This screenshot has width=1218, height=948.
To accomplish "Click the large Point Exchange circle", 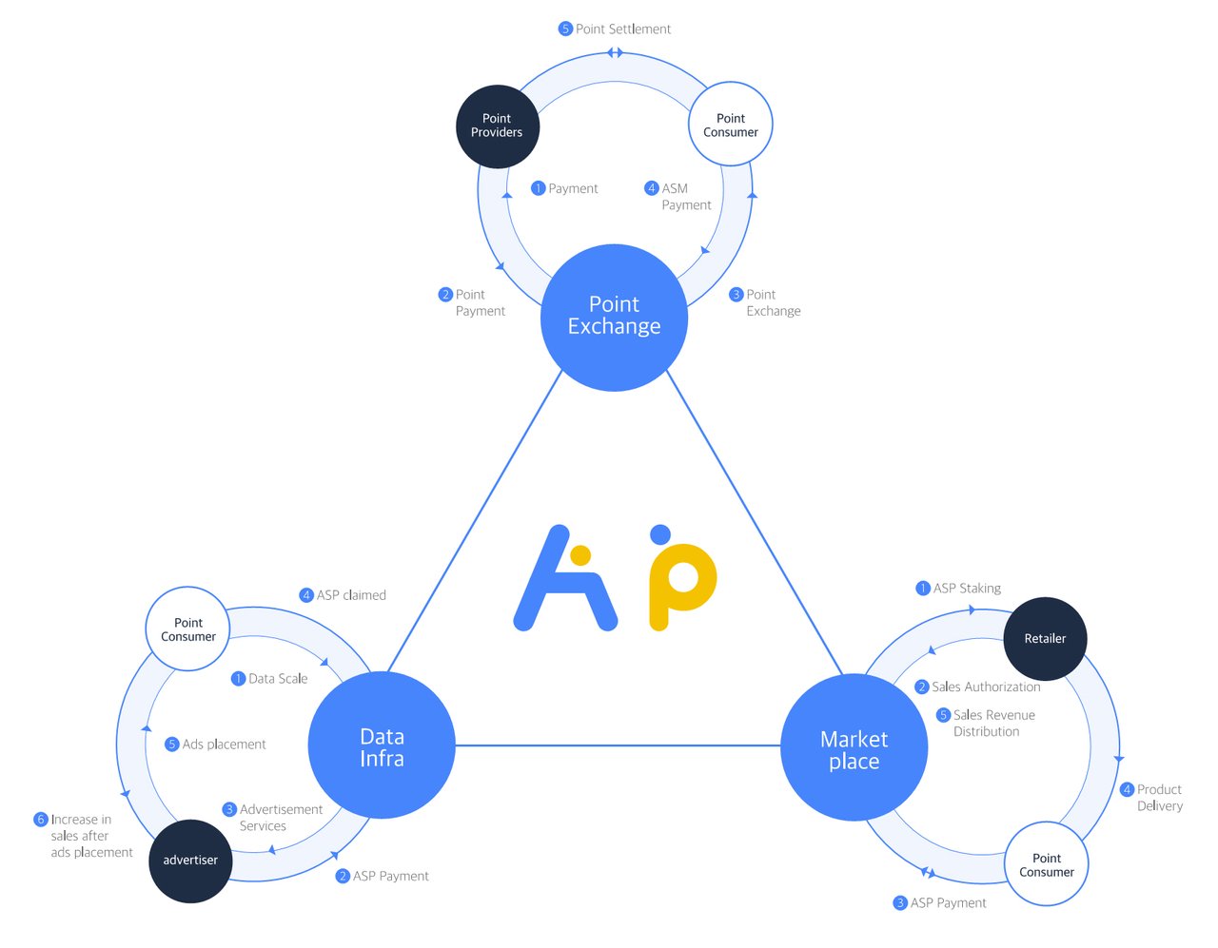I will [x=614, y=317].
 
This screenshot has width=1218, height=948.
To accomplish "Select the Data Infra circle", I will [x=382, y=745].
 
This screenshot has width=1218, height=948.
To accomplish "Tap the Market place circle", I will [x=854, y=748].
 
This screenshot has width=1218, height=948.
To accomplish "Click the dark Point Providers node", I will [x=497, y=126].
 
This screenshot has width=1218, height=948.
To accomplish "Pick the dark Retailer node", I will [x=1045, y=638].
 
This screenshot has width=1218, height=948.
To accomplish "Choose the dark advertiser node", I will [x=190, y=861].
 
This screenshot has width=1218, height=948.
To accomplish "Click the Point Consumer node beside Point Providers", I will [x=731, y=125].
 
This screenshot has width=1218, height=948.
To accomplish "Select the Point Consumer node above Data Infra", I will [x=188, y=629].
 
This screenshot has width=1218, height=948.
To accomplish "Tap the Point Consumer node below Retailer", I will [x=1047, y=864].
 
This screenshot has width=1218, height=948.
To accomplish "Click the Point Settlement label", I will [x=622, y=29].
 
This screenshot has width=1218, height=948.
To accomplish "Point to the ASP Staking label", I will [x=966, y=589].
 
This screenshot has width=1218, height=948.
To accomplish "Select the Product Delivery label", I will [x=1159, y=798].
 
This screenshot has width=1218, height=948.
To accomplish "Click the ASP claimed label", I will [x=350, y=595].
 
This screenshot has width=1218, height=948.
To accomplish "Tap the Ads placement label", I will [x=224, y=745].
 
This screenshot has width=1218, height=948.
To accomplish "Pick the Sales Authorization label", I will [x=985, y=687].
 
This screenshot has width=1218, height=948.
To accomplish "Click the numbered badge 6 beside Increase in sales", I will [x=41, y=820].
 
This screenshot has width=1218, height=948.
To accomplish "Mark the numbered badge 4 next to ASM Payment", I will [x=652, y=188].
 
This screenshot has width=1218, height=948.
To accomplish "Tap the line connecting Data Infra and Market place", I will [x=619, y=745].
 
